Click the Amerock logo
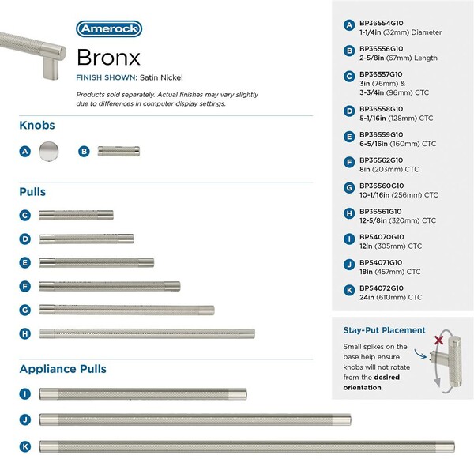109,29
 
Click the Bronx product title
110,58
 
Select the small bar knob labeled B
118,151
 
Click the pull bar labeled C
76,215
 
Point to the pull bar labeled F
110,286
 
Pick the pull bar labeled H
147,333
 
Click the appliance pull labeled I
143,393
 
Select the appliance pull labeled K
246,446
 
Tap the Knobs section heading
37,126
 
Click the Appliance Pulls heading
62,369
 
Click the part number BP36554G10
381,23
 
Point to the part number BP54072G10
381,288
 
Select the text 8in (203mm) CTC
389,169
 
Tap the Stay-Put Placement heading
384,330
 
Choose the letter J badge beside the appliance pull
25,419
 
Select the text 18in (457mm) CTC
391,271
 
